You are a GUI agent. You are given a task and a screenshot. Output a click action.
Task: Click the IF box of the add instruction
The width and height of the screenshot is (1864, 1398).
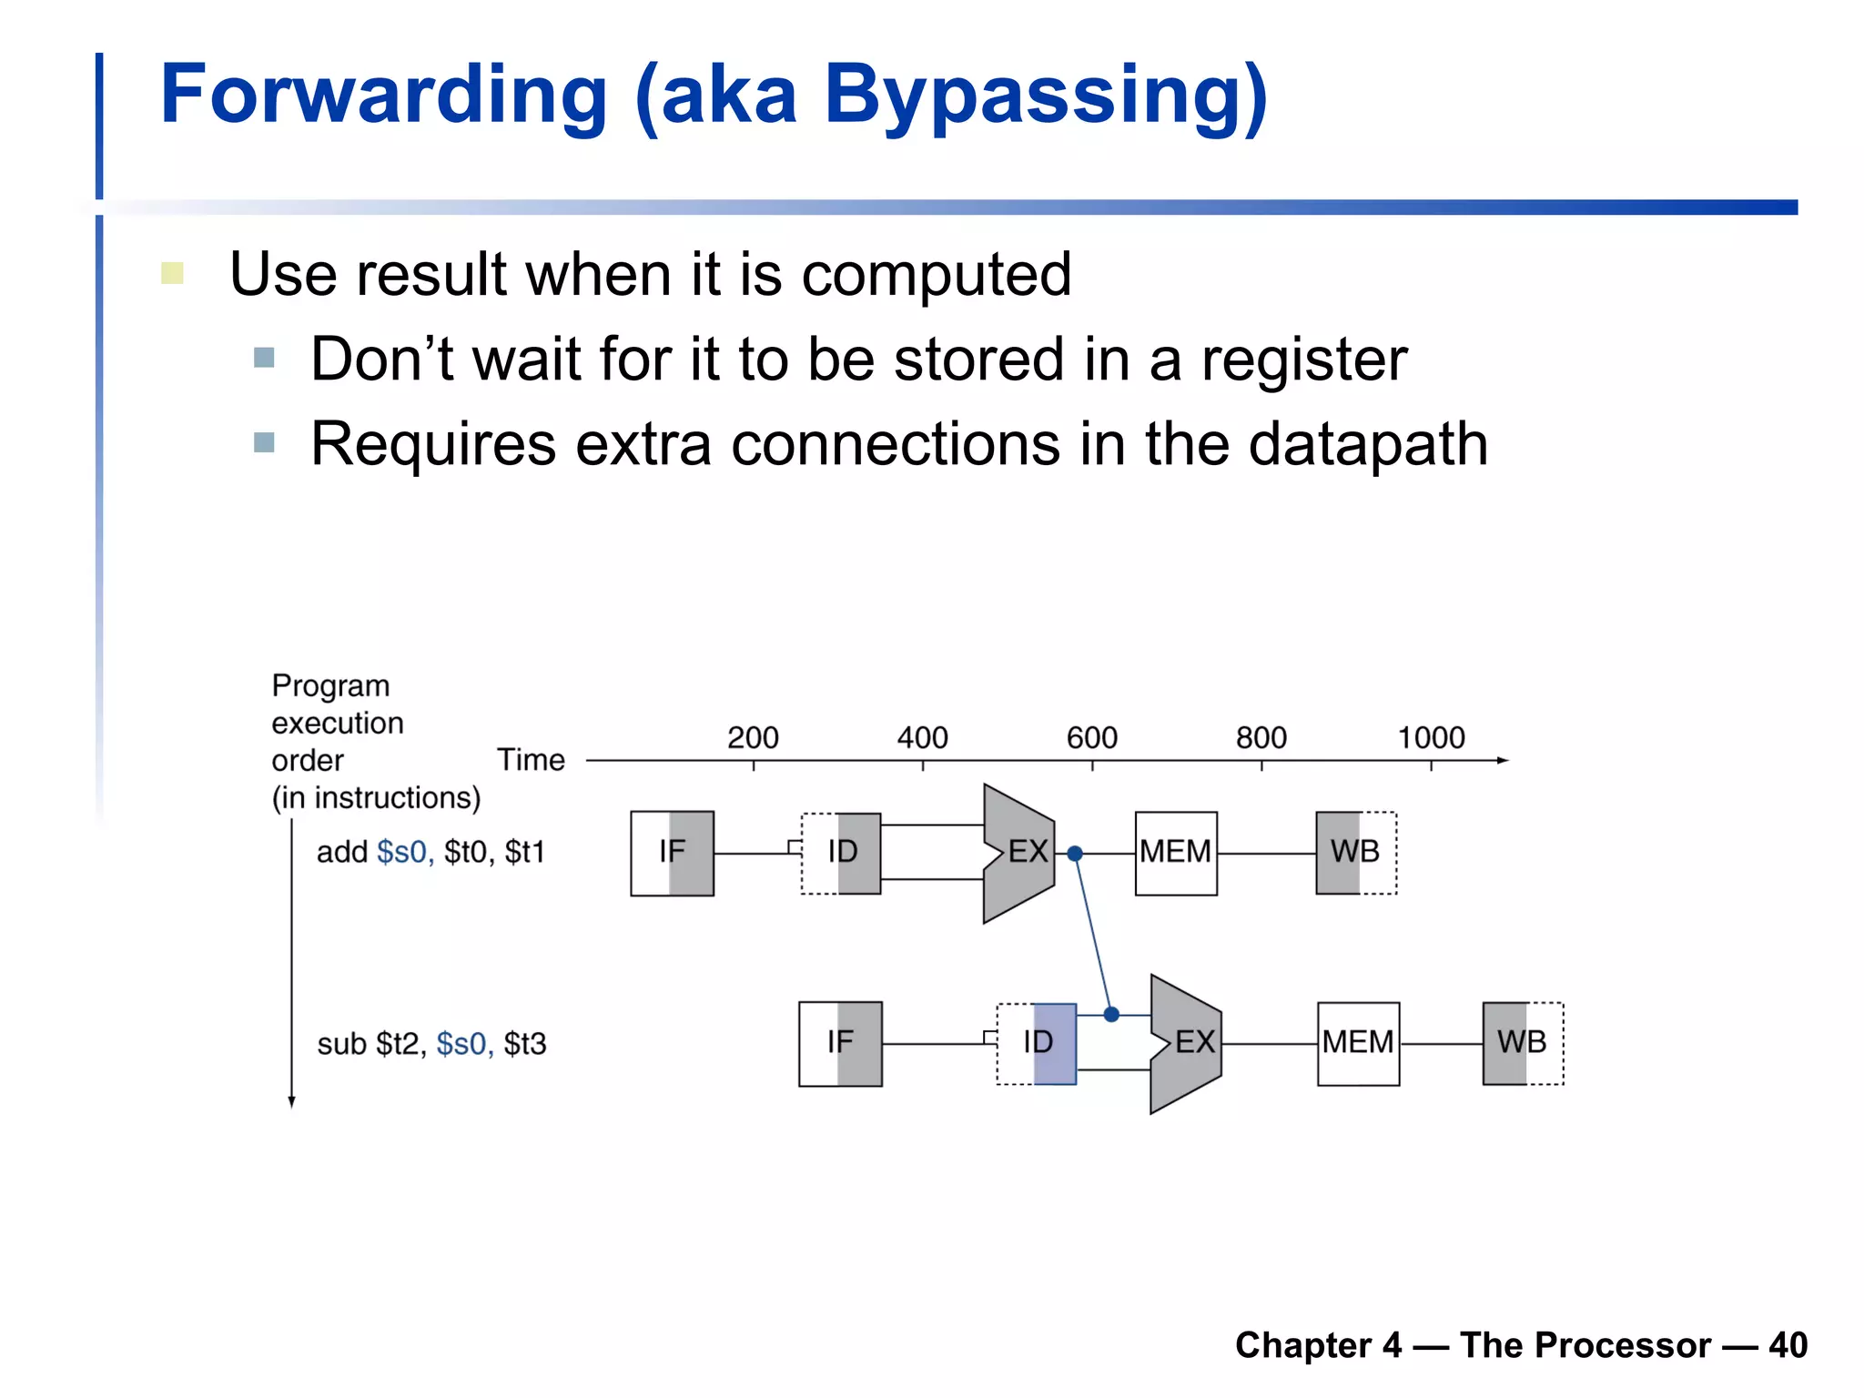point(672,853)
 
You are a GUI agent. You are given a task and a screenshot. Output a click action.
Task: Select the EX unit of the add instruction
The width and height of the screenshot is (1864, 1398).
point(1019,853)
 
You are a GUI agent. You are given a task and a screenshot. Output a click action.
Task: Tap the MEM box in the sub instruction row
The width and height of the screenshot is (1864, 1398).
point(1358,1043)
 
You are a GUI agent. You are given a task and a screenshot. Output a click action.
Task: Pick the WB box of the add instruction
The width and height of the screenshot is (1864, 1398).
point(1355,853)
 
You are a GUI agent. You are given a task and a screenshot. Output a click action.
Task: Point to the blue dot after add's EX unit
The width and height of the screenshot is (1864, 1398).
point(1075,854)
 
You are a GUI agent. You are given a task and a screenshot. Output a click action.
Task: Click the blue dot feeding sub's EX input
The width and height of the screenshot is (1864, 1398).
point(1111,1014)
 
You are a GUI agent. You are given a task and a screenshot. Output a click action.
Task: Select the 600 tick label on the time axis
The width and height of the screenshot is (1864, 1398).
point(1091,737)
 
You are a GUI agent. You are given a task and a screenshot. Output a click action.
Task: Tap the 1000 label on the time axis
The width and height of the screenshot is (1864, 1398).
point(1431,737)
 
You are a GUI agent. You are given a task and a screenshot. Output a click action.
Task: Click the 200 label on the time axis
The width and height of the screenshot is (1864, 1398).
point(753,737)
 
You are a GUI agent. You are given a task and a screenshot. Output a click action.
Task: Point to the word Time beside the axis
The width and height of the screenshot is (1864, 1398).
point(531,760)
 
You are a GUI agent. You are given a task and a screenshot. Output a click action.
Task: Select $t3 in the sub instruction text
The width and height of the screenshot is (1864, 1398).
point(525,1044)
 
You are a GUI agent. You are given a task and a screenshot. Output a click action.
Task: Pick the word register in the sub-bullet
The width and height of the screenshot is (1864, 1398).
point(1303,360)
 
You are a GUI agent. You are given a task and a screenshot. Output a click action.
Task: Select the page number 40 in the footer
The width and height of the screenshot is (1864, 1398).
point(1788,1345)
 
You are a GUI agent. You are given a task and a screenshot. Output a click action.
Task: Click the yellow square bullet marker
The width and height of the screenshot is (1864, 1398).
point(173,273)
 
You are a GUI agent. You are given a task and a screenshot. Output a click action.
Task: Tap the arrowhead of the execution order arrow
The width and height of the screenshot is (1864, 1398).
point(291,1102)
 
